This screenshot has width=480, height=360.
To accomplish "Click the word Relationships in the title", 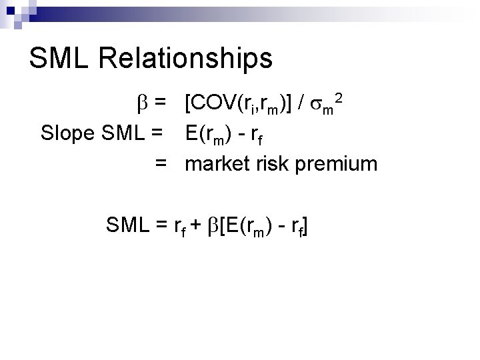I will (187, 58).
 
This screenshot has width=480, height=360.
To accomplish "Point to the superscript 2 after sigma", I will (340, 98).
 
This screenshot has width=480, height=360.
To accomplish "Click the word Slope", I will (67, 133).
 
